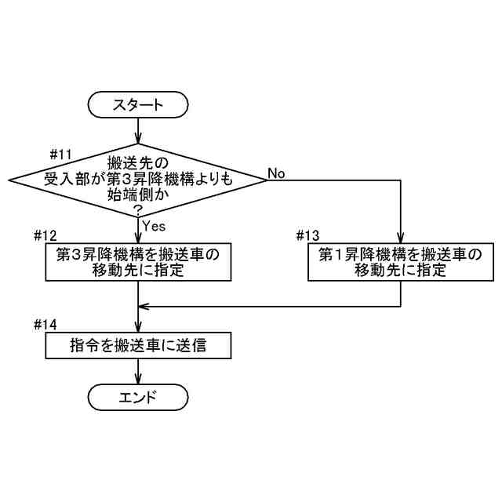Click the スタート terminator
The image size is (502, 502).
point(139,104)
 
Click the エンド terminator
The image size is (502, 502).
point(139,397)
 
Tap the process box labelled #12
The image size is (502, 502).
point(139,263)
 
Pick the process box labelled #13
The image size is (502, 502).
point(400,263)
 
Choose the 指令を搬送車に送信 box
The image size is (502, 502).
point(139,345)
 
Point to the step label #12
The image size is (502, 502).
point(46,236)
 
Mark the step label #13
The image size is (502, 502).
point(309,236)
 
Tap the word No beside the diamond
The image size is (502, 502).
point(276,172)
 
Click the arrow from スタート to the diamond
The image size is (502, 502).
point(139,129)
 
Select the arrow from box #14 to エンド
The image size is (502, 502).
point(139,371)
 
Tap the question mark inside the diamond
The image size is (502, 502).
point(139,209)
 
